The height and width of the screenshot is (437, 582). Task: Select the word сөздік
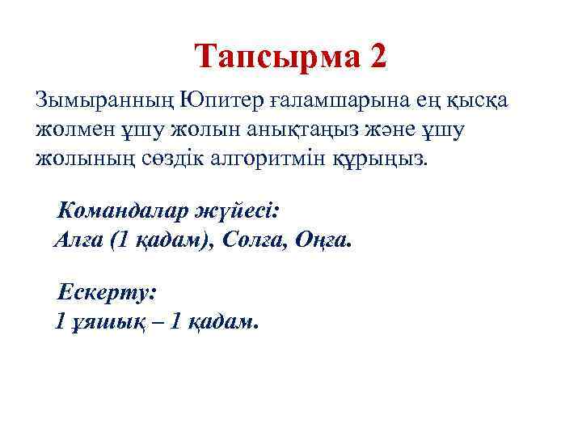167,159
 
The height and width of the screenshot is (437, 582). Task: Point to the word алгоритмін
265,159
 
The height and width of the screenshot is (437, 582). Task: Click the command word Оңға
325,240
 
